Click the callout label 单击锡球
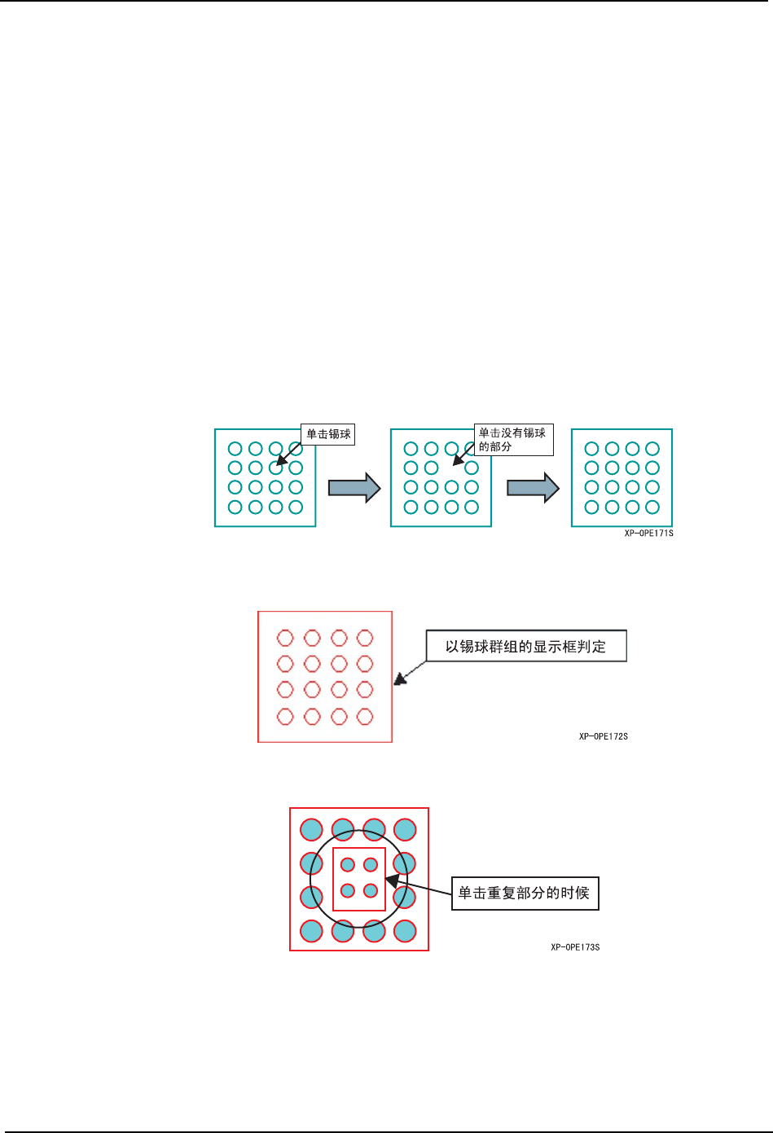tap(328, 434)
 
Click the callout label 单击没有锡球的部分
tap(512, 440)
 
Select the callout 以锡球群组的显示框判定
tap(525, 647)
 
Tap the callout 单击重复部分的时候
tap(524, 893)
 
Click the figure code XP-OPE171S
tap(648, 534)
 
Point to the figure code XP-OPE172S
tap(603, 736)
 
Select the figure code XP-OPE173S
tap(575, 947)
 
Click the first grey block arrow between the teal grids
tap(354, 488)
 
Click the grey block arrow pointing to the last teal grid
tap(533, 488)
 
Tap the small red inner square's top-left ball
tap(348, 865)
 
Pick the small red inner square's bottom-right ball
tap(371, 890)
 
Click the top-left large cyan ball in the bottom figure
tap(311, 830)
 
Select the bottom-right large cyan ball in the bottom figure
tap(405, 931)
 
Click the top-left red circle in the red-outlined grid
tap(285, 638)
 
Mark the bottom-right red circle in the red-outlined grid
tap(365, 717)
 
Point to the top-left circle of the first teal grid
tap(235, 449)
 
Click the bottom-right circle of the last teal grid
tap(652, 507)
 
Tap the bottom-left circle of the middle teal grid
tap(411, 507)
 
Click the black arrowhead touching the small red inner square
tap(392, 881)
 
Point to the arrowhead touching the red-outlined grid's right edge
tap(399, 678)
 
